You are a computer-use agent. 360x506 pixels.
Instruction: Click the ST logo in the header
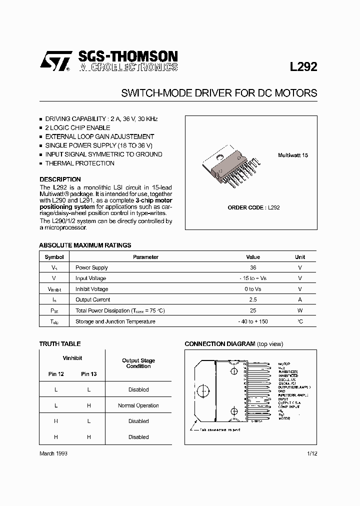(x=55, y=62)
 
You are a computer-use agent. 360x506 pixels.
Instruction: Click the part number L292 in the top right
(x=303, y=67)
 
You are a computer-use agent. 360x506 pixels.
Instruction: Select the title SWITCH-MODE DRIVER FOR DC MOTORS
(x=219, y=93)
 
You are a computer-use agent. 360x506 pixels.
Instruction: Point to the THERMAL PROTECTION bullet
(x=79, y=163)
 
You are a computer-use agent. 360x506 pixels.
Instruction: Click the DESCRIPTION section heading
(x=60, y=179)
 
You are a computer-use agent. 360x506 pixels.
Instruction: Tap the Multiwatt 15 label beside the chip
(x=293, y=155)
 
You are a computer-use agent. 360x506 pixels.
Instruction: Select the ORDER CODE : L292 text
(x=253, y=207)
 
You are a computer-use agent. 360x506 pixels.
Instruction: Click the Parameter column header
(x=145, y=257)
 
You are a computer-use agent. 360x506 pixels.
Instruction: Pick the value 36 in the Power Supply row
(x=253, y=268)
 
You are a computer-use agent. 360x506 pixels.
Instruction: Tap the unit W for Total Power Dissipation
(x=300, y=311)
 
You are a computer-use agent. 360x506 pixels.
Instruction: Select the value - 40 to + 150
(x=253, y=321)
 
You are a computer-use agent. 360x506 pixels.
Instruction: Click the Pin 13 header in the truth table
(x=89, y=374)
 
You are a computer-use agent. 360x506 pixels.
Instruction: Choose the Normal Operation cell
(x=138, y=405)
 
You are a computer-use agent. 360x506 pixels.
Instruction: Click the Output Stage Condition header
(x=138, y=363)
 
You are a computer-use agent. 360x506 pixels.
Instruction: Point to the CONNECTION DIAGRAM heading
(x=220, y=344)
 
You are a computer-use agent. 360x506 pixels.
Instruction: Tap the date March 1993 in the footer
(x=53, y=453)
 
